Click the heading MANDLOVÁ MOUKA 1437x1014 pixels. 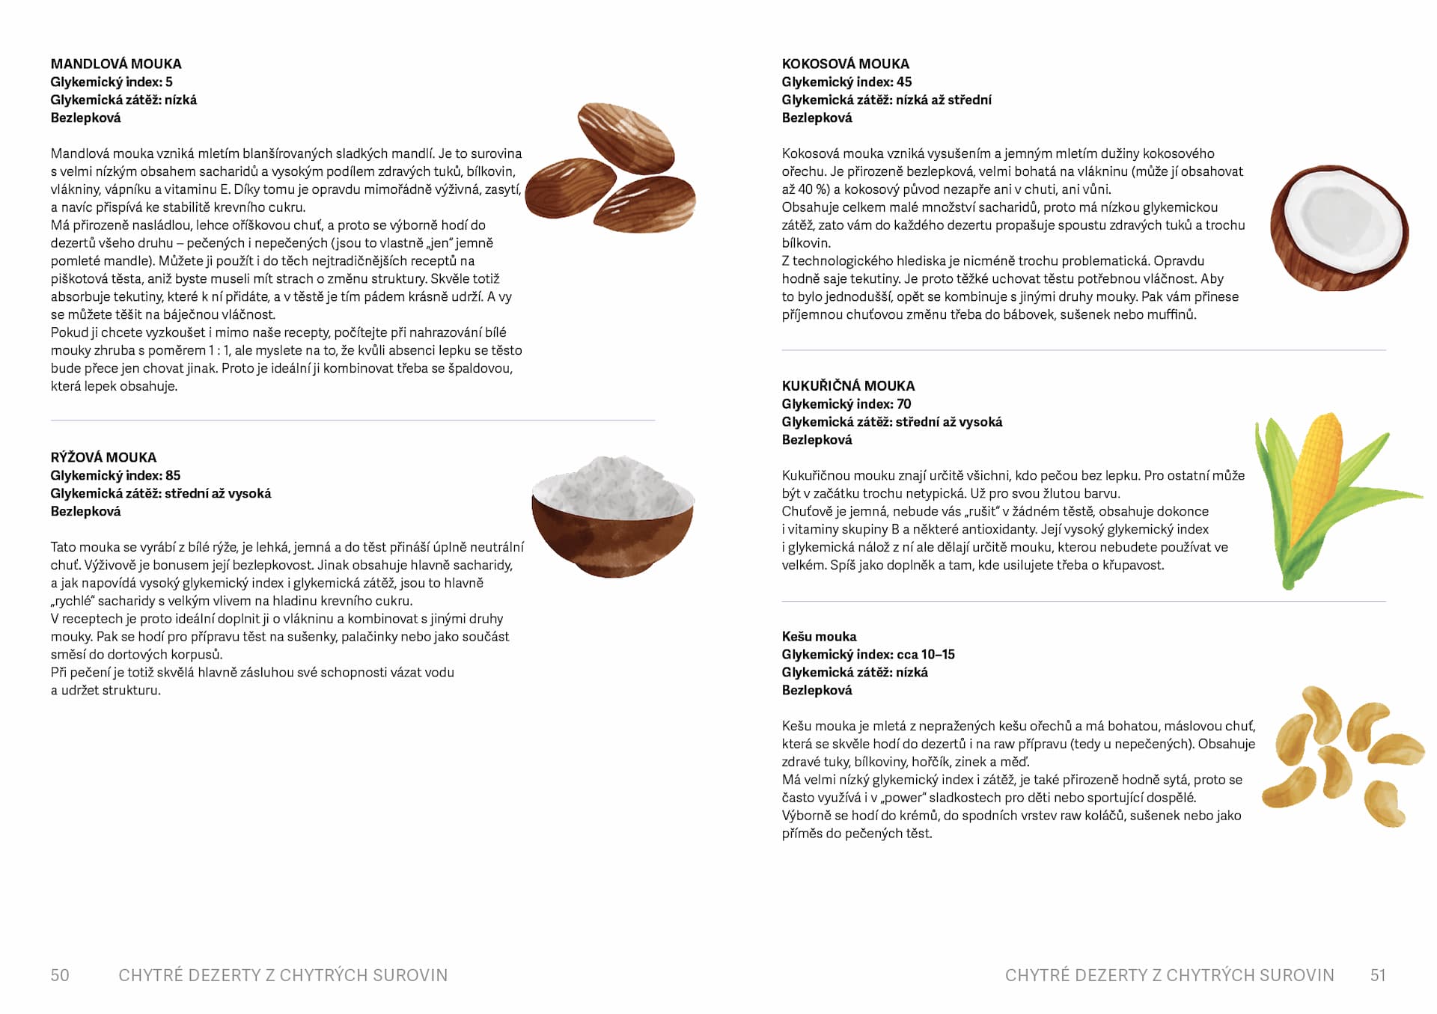point(116,64)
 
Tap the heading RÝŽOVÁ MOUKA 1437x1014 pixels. point(103,457)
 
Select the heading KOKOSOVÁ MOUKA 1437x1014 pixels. point(845,64)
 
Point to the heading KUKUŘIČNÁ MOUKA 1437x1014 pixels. point(848,386)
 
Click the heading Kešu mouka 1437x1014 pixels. point(819,636)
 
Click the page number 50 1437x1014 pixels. point(60,975)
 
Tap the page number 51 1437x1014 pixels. point(1378,975)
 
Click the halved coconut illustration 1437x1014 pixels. point(1339,228)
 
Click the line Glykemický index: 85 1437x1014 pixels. point(115,475)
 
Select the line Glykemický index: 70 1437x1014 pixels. point(846,404)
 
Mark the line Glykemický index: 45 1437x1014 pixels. point(846,82)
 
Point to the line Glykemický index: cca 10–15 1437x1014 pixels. point(868,654)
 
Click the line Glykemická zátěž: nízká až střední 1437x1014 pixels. point(886,100)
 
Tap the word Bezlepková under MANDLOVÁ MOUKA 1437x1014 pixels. point(85,118)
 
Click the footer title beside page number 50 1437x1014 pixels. point(283,975)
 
